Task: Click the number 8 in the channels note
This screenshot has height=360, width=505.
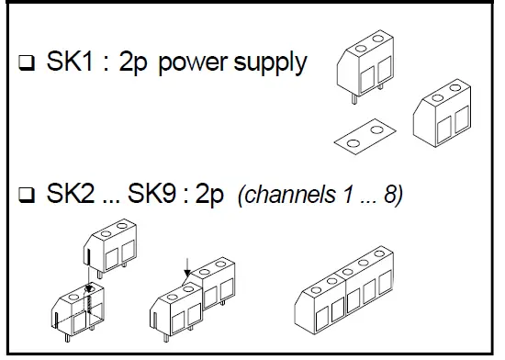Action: click(388, 197)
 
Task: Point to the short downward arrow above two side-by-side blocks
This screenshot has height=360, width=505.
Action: click(186, 267)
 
